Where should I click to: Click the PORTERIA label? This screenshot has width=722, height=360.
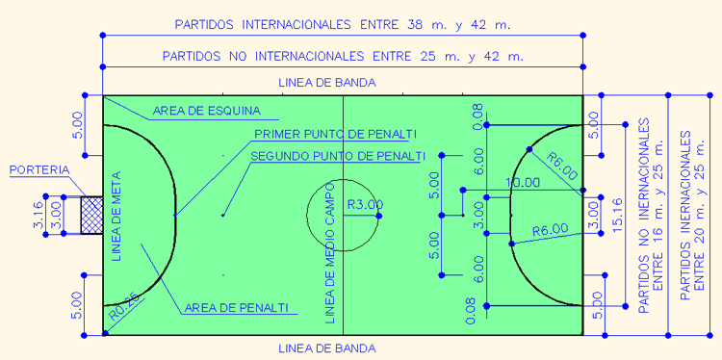tap(39, 170)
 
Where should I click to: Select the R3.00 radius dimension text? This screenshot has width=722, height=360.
tap(364, 204)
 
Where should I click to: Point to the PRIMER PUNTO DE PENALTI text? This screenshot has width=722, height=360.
tap(335, 134)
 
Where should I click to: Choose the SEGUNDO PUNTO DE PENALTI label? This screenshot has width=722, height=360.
tap(337, 155)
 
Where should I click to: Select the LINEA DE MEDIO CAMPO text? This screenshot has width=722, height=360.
tap(329, 250)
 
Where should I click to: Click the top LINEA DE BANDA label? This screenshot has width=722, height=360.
tap(326, 83)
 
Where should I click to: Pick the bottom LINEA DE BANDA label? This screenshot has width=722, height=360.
tap(326, 347)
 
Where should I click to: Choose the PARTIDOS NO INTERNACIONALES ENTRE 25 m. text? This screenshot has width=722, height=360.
tap(344, 56)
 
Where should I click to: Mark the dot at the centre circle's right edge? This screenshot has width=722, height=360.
tap(379, 216)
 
